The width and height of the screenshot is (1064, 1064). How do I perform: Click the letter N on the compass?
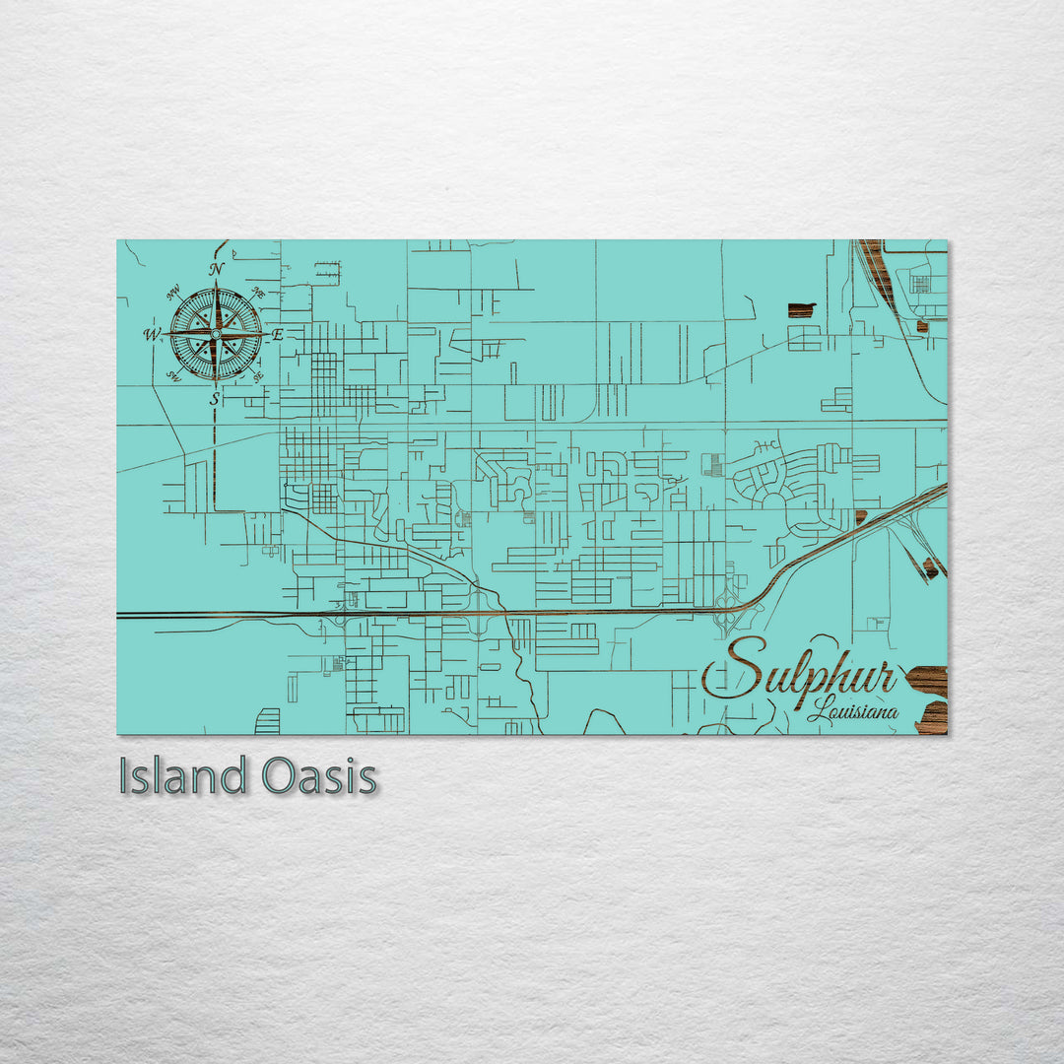217,269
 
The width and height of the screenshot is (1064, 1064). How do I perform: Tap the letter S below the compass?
215,399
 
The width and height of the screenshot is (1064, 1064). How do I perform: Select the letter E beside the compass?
278,335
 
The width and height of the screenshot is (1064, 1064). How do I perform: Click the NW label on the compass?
173,291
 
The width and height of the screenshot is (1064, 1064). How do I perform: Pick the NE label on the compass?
258,291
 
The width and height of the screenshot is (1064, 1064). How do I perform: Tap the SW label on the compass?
173,376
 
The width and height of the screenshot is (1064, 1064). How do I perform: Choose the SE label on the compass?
258,376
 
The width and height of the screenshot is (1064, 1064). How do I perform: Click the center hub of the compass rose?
216,334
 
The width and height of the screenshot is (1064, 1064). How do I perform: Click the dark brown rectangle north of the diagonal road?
802,310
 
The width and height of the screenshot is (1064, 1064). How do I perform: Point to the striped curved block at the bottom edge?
267,721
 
